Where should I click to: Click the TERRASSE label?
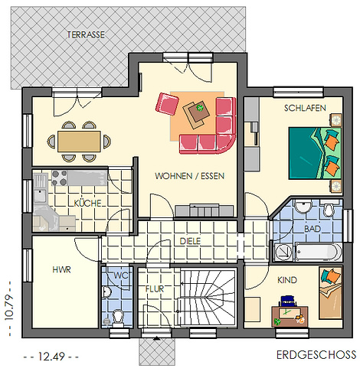point(86,34)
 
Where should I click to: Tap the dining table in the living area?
point(79,142)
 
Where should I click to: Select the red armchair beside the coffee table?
point(167,104)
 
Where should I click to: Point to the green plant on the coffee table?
point(199,108)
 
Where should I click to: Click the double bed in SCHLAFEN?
point(315,153)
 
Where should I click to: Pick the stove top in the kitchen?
point(59,178)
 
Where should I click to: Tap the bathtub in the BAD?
point(318,252)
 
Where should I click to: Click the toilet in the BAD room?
point(329,209)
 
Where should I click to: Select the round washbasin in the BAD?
point(303,207)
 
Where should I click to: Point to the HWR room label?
point(61,269)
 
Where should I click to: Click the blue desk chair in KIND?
point(287,301)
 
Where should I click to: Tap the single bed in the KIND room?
point(330,293)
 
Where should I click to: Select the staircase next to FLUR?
point(207,297)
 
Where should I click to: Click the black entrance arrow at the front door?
point(156,339)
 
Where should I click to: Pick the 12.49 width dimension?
point(51,357)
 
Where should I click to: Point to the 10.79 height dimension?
point(8,308)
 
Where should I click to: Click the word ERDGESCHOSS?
point(316,355)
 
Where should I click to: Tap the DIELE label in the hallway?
point(190,241)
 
